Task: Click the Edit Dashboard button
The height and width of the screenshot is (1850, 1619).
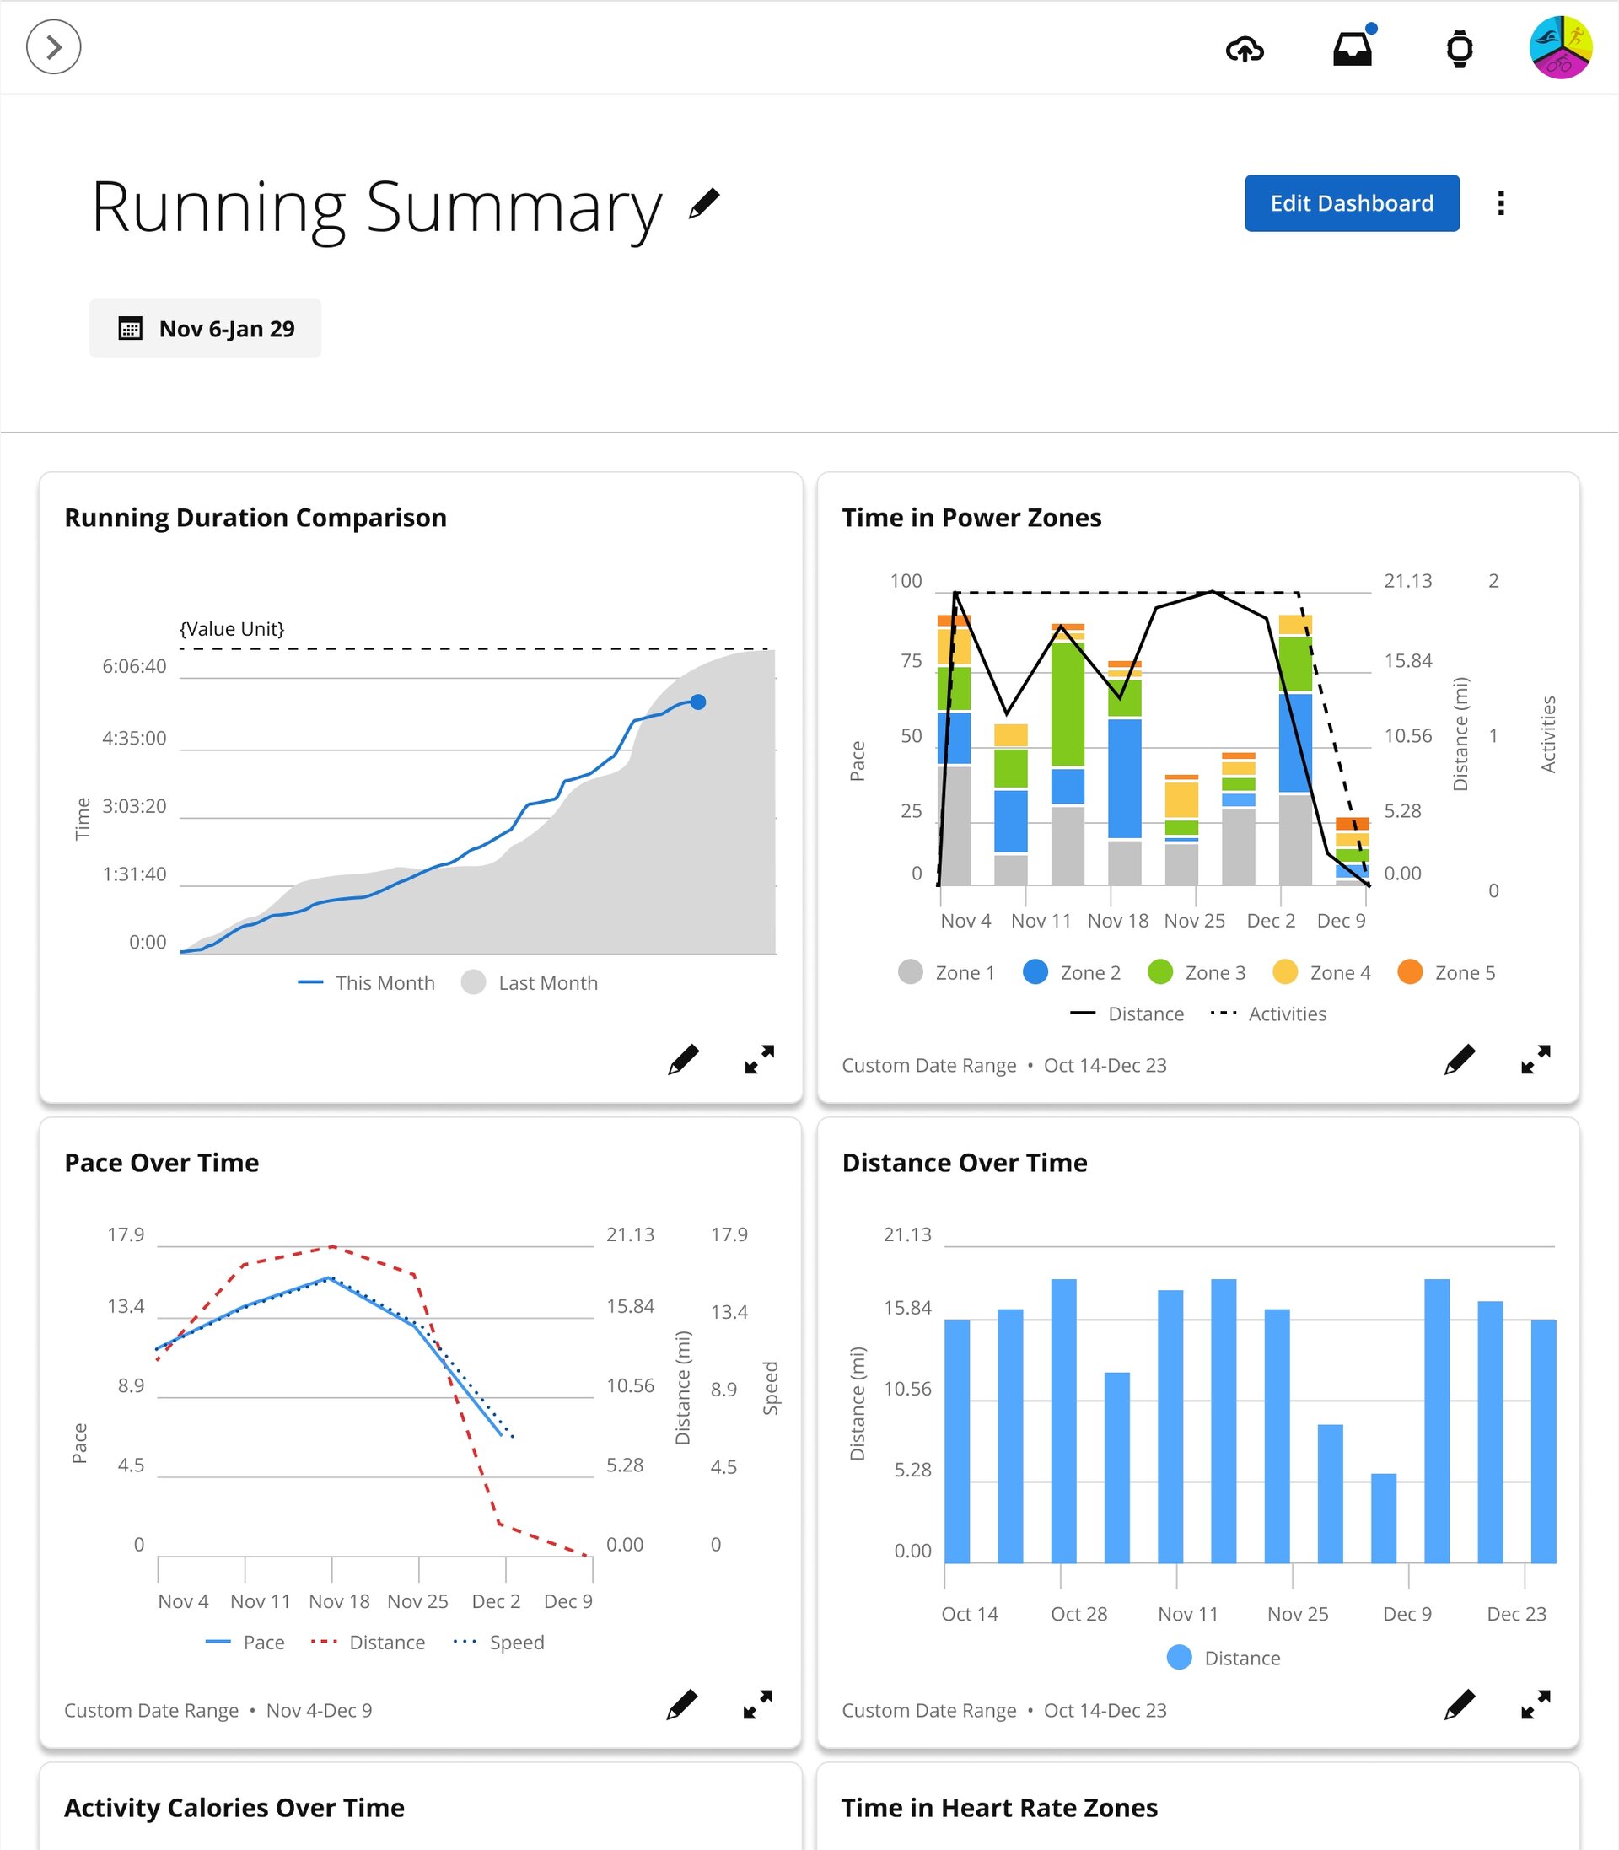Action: tap(1351, 203)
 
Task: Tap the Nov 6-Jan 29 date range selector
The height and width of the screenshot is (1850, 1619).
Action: tap(205, 328)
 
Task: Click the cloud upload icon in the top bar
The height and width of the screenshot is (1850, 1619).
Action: tap(1244, 49)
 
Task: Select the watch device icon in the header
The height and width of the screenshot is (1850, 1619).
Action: tap(1459, 49)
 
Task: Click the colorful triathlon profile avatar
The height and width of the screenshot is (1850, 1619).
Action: tap(1559, 48)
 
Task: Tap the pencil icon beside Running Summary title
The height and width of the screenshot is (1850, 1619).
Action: tap(704, 203)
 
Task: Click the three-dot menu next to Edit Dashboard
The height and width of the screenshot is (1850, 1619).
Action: tap(1501, 203)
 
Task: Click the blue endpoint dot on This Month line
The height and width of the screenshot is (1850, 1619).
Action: tap(697, 702)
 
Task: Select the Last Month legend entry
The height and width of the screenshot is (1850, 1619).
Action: tap(530, 983)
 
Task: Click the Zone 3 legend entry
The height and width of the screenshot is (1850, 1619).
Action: tap(1197, 972)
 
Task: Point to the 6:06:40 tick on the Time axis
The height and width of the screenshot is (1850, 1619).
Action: tap(135, 667)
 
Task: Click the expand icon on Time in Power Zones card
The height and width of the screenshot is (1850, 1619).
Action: tap(1535, 1059)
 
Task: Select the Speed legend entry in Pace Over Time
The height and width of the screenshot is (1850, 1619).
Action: tap(499, 1643)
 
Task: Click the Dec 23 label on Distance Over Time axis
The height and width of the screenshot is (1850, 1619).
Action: tap(1516, 1613)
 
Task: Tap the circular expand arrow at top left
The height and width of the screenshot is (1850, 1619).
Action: tap(54, 47)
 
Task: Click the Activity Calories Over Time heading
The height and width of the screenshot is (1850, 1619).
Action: tap(234, 1808)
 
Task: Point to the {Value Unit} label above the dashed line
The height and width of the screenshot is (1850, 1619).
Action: tap(232, 629)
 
